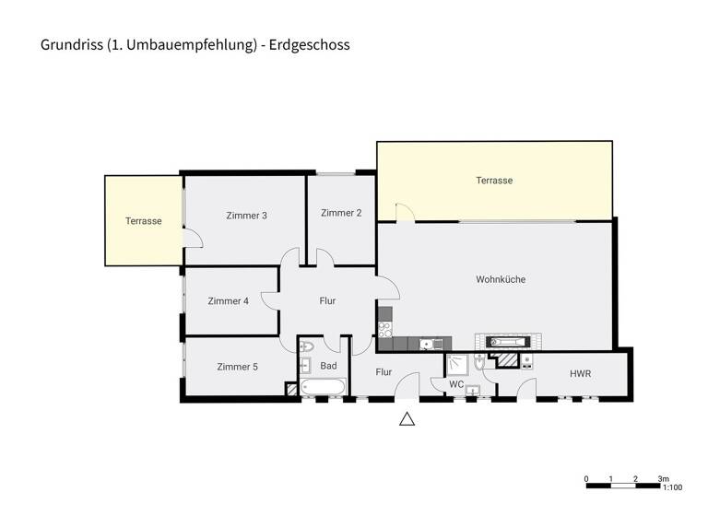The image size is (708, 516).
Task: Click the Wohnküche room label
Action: pyautogui.click(x=501, y=279)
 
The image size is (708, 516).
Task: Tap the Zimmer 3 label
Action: pyautogui.click(x=246, y=216)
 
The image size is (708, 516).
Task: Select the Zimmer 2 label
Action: pyautogui.click(x=341, y=213)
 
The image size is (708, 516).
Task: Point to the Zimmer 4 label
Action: pyautogui.click(x=228, y=300)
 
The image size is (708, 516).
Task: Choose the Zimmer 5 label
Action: pyautogui.click(x=237, y=367)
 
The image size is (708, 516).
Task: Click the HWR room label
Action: pyautogui.click(x=580, y=373)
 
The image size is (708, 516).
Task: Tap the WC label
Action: pyautogui.click(x=456, y=384)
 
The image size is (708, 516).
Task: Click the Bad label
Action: pyautogui.click(x=328, y=366)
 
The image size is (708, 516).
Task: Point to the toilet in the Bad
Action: pyautogui.click(x=307, y=347)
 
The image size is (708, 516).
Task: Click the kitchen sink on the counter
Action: pyautogui.click(x=425, y=345)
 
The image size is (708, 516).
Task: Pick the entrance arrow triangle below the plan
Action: pyautogui.click(x=407, y=419)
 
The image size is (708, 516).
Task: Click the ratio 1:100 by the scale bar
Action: pyautogui.click(x=672, y=488)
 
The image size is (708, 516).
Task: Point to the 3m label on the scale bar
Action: pyautogui.click(x=663, y=479)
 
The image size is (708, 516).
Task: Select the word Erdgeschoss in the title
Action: pyautogui.click(x=311, y=44)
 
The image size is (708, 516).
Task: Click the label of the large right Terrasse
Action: pyautogui.click(x=494, y=181)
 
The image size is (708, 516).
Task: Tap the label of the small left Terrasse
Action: pyautogui.click(x=144, y=221)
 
